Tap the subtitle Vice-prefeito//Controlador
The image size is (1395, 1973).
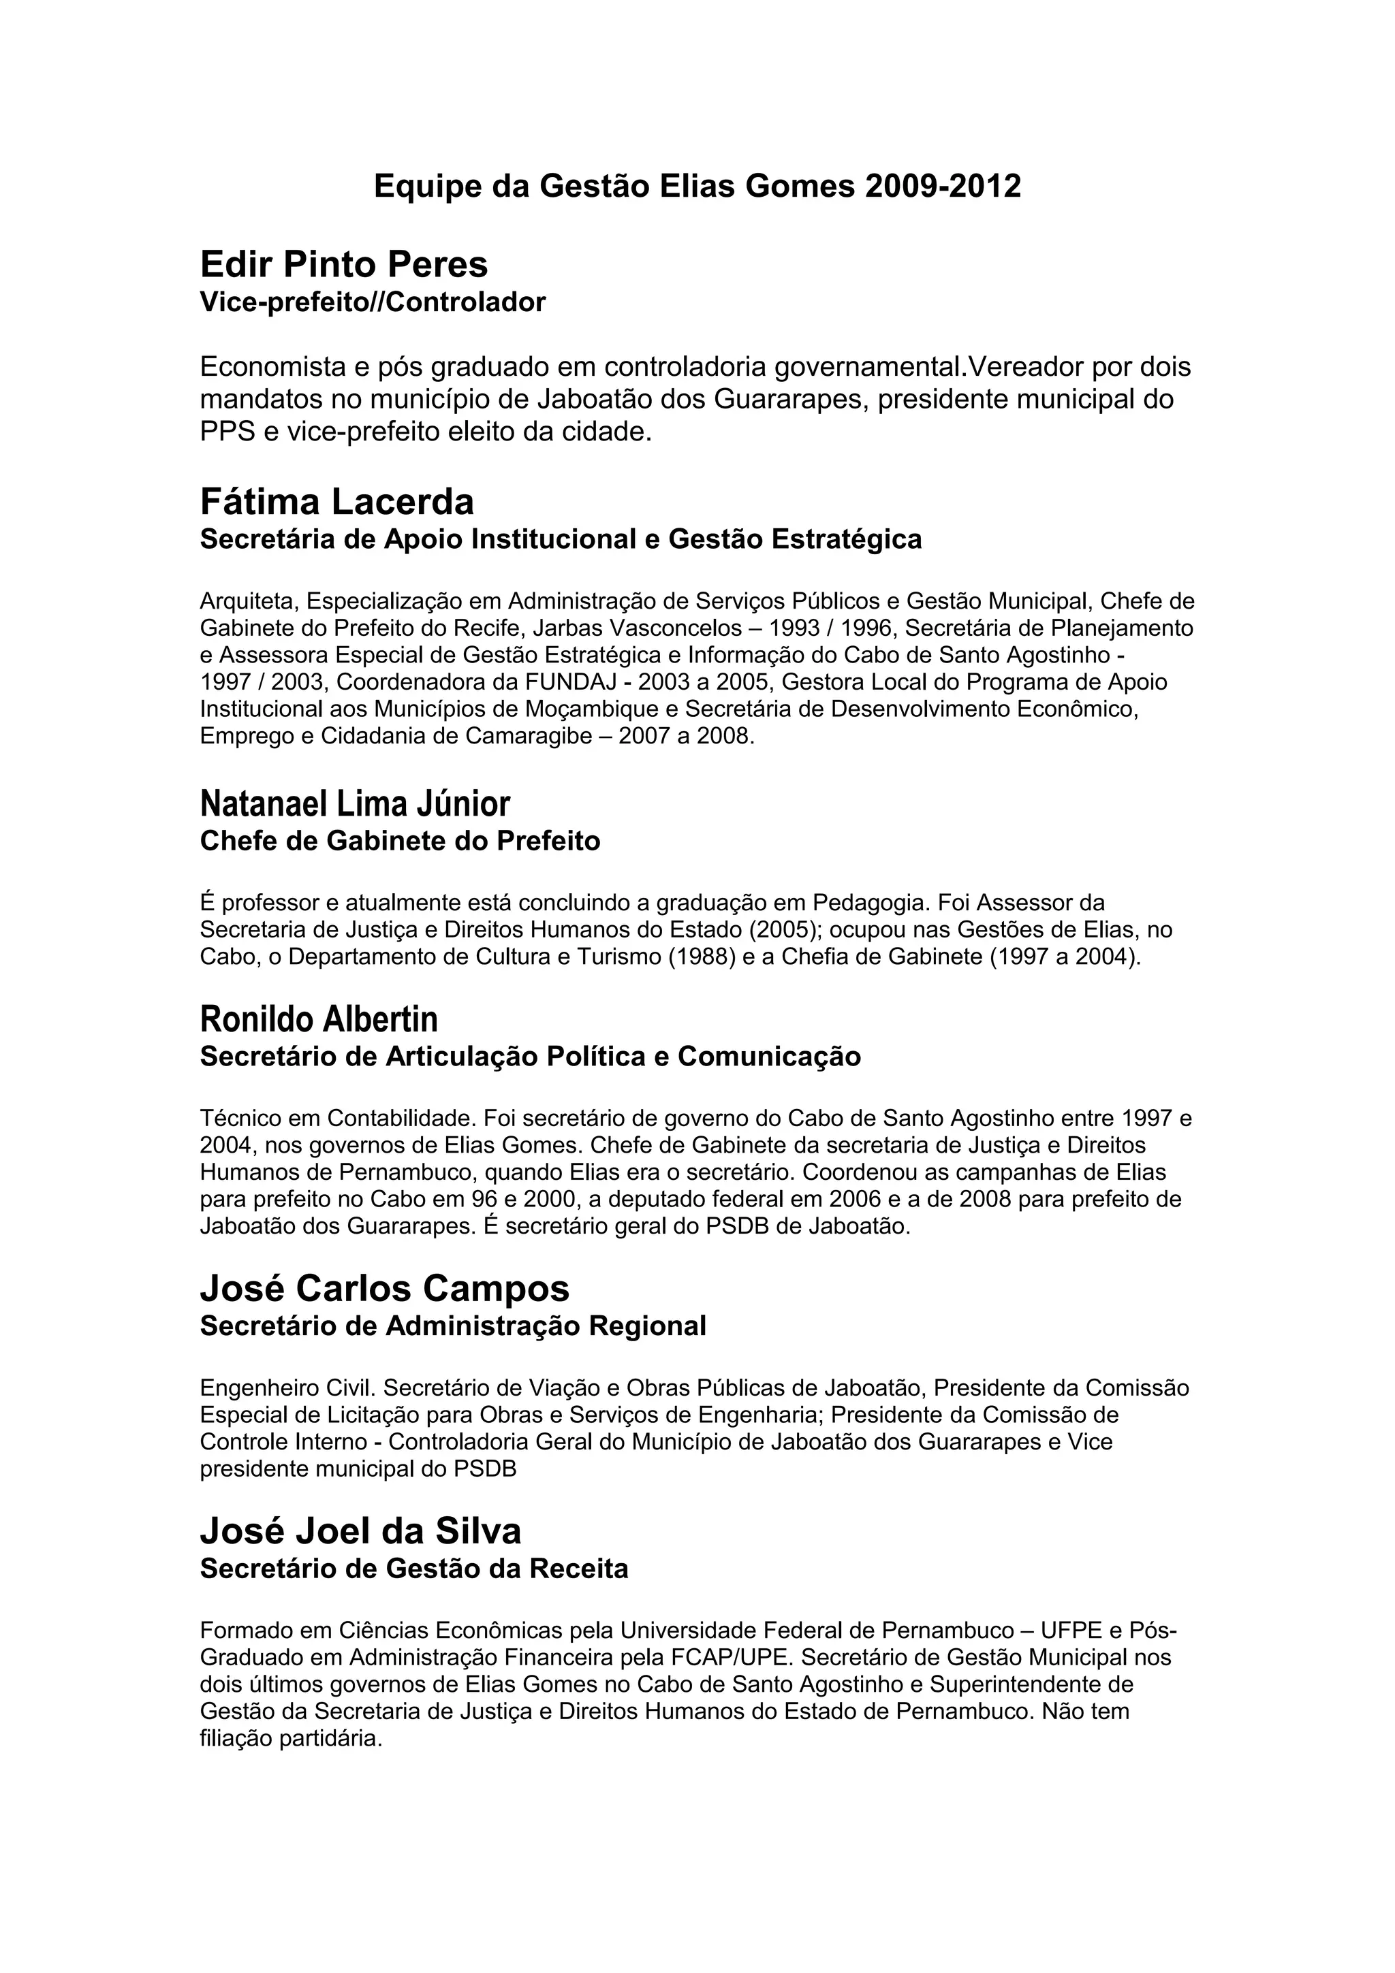tap(372, 302)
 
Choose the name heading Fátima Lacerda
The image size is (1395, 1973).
tap(337, 501)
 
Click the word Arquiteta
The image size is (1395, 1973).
tap(249, 600)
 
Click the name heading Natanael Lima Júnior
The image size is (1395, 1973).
tap(355, 803)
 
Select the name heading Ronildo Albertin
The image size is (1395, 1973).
tap(319, 1019)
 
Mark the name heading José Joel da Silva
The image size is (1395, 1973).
tap(360, 1531)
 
